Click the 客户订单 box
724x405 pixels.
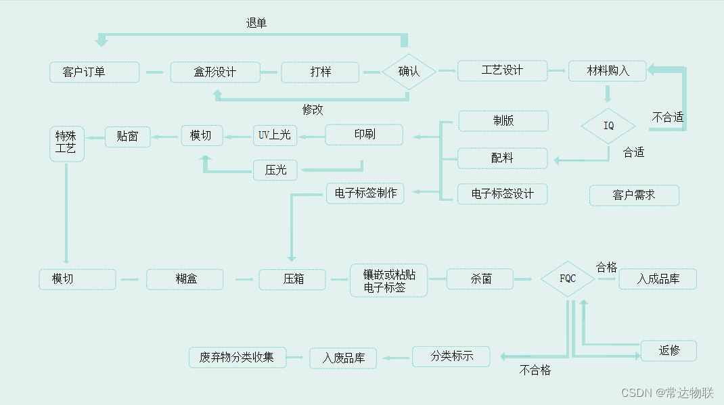pos(94,72)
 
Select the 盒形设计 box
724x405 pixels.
pos(215,72)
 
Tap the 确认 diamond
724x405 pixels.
pos(409,72)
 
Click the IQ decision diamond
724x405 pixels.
pos(608,126)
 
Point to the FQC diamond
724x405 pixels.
pos(568,279)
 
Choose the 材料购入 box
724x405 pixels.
pos(607,71)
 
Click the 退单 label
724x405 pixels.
pos(256,24)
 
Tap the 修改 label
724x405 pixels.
pos(313,110)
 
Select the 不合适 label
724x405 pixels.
pos(667,117)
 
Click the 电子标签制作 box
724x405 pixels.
pos(365,193)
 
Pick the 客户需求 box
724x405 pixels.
pos(634,195)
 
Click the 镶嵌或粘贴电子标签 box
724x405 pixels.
pos(389,280)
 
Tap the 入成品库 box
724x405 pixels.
pos(658,279)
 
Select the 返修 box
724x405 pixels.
pos(669,350)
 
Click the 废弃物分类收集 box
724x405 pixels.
pos(237,357)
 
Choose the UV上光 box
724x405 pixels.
pos(274,135)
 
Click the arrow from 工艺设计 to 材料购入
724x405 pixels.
pos(556,70)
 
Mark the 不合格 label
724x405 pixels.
pos(535,371)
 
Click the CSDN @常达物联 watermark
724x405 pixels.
pos(667,393)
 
